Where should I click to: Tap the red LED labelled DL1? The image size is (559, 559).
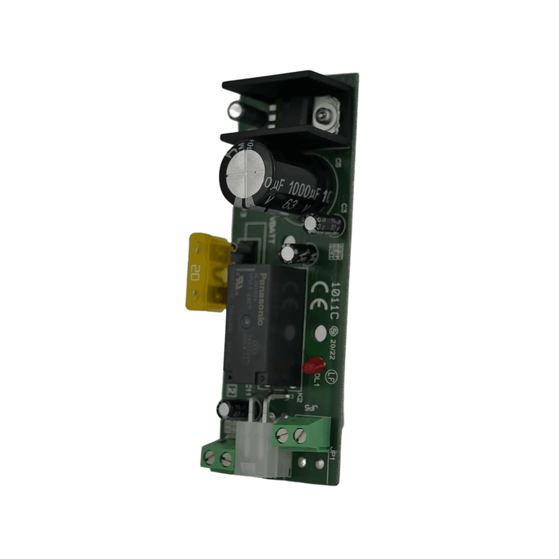coord(314,365)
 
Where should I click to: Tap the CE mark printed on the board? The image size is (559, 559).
coord(318,296)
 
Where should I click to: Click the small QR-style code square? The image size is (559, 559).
coord(336,251)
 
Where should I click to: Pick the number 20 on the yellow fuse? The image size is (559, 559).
coord(195,271)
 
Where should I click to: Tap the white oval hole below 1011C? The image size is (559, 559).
coord(319,332)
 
